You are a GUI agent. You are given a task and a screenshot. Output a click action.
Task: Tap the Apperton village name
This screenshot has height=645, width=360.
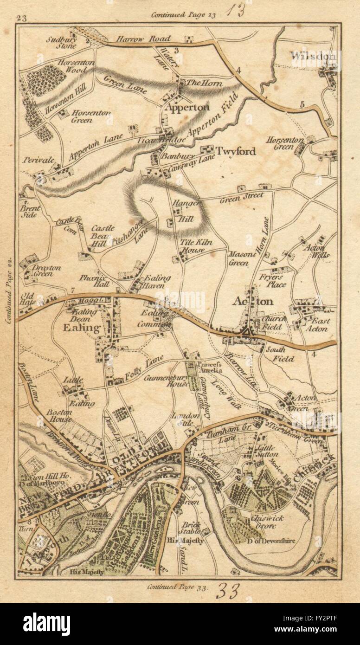187,107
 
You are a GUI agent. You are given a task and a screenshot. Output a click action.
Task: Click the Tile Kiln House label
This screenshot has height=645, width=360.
193,245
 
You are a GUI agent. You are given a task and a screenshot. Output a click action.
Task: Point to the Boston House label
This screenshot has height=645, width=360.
58,416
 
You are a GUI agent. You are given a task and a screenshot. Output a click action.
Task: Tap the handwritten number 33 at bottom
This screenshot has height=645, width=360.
227,592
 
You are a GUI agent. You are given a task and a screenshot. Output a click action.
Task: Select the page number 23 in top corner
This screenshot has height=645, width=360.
21,19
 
